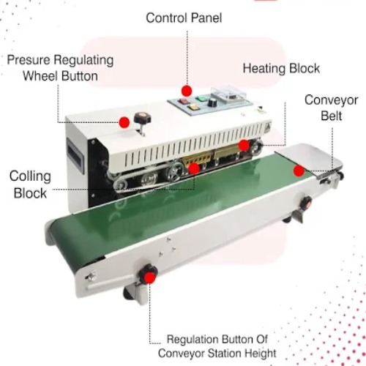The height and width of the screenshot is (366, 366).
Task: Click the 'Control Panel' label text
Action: (x=183, y=17)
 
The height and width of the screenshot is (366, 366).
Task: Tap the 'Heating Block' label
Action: (x=281, y=68)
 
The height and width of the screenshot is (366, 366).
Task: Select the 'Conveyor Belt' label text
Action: (x=331, y=108)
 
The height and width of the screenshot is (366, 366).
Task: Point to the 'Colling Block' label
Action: (x=29, y=184)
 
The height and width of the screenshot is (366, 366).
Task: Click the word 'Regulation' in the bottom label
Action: (x=195, y=340)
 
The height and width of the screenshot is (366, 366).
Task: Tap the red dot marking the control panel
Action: (x=187, y=90)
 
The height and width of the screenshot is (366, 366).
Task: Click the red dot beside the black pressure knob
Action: (x=124, y=122)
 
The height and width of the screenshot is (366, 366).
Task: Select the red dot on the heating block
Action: (x=243, y=145)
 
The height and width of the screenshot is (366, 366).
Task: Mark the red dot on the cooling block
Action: (x=194, y=168)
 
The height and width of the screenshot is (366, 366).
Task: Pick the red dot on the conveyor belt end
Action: (x=299, y=171)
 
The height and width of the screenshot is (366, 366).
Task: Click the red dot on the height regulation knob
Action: (x=151, y=276)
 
